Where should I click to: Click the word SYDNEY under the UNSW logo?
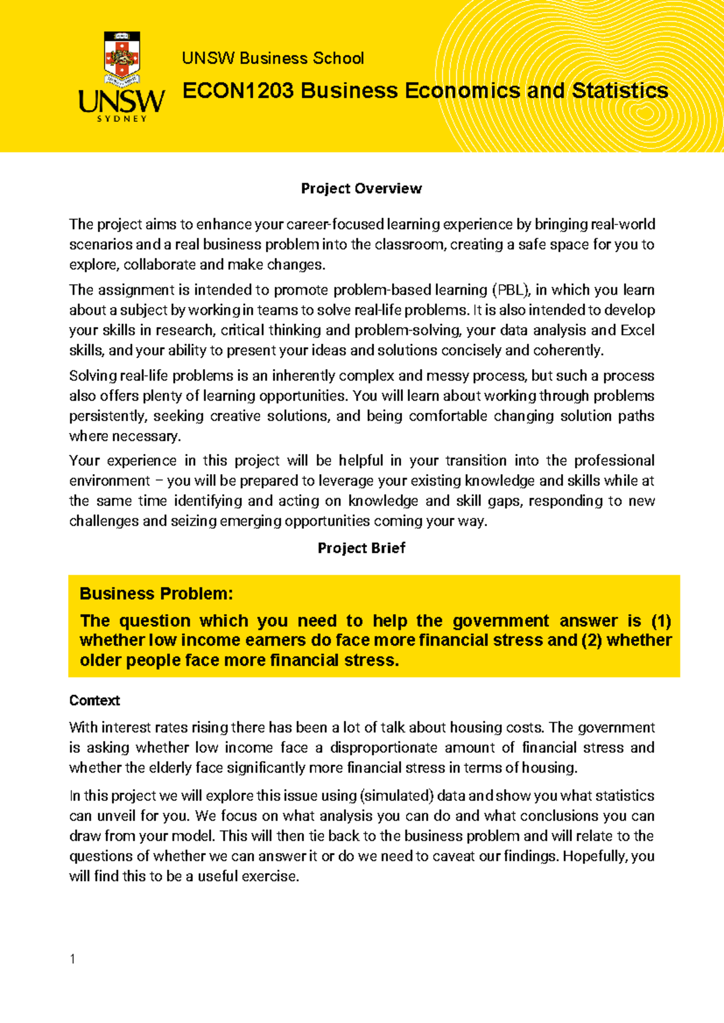click(122, 119)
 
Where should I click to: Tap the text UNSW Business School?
click(273, 59)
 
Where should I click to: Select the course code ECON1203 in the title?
click(238, 91)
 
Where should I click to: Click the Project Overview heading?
click(361, 189)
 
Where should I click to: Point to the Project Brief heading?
click(361, 548)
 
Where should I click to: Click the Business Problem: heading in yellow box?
click(156, 594)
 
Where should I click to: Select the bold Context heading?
click(95, 701)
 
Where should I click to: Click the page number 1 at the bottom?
click(72, 959)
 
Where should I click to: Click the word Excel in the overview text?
click(637, 331)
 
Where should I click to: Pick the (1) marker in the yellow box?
click(661, 621)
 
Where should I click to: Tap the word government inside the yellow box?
click(501, 621)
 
